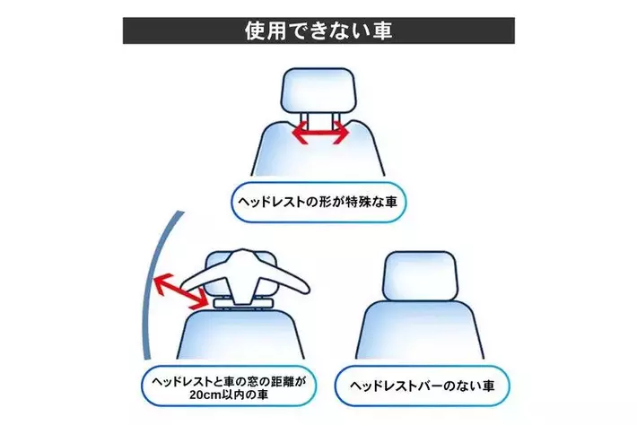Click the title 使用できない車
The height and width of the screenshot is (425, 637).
tap(318, 30)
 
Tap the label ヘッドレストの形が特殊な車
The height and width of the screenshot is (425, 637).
tap(318, 202)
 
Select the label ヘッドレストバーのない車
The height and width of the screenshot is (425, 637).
tap(422, 386)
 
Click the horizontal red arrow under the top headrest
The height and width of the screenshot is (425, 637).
tap(321, 133)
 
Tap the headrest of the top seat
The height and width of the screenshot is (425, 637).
tap(318, 90)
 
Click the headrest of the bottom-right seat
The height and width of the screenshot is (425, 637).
tap(421, 276)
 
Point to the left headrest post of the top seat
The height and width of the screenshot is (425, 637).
tap(305, 121)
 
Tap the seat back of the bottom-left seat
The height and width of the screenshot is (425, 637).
tap(241, 334)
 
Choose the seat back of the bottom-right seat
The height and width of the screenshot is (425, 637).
tap(420, 331)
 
